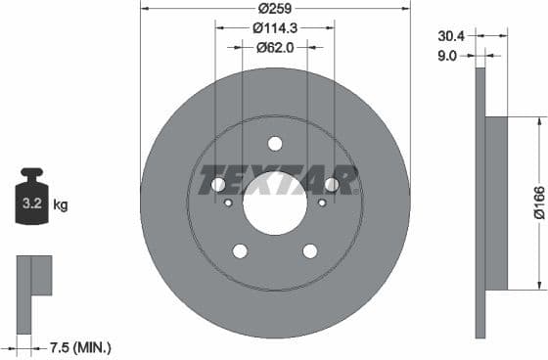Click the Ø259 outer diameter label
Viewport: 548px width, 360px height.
tap(275, 9)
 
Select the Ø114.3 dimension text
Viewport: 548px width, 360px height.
tap(275, 27)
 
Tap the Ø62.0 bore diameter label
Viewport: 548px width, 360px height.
tap(275, 46)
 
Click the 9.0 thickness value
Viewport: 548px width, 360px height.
tap(446, 56)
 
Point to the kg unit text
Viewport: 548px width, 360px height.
tap(61, 205)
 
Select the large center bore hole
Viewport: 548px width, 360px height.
tap(275, 204)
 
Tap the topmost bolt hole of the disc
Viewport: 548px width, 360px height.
tap(275, 144)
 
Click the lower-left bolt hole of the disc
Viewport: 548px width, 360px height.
tap(240, 251)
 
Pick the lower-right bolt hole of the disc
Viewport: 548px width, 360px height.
tap(310, 251)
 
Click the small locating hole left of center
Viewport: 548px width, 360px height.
tap(228, 203)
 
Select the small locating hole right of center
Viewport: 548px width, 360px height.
tap(322, 203)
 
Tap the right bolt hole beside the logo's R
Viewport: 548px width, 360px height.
tap(332, 185)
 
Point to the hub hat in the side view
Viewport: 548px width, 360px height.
tap(497, 203)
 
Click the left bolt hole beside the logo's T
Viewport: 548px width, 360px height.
tap(218, 185)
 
